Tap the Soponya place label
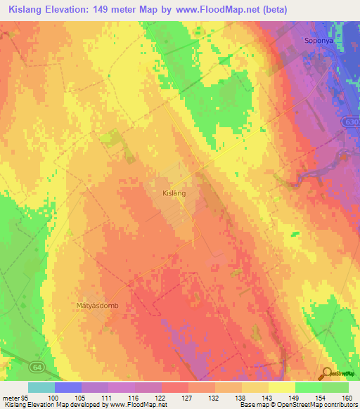coord(317,40)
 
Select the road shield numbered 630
coord(352,122)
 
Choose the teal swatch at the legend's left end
coord(41,387)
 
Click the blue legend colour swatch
coord(67,387)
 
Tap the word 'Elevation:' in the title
coord(71,10)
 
